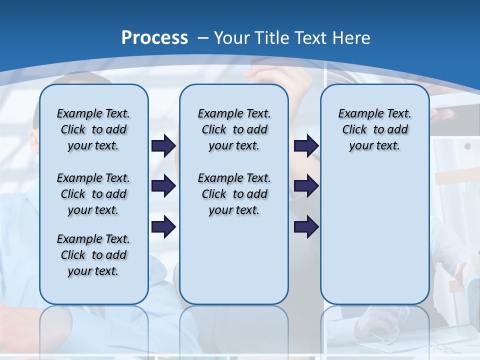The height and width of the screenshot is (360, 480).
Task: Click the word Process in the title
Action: click(x=154, y=37)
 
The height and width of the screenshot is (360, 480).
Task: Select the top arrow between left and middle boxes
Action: click(x=163, y=145)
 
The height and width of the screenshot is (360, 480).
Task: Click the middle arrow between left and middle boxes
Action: click(x=163, y=186)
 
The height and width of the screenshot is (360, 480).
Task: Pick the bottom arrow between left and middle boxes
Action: click(x=163, y=227)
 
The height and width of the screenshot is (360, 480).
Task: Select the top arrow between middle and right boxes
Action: click(x=306, y=145)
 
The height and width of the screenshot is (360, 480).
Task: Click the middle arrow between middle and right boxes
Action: click(x=306, y=186)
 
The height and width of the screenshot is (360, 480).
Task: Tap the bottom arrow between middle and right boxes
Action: click(x=306, y=227)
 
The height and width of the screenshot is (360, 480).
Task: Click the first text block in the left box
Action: click(x=93, y=129)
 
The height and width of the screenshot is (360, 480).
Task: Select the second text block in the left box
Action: click(x=93, y=194)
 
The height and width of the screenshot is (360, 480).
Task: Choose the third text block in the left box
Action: click(x=93, y=255)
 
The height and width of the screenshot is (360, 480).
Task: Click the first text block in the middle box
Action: click(x=234, y=129)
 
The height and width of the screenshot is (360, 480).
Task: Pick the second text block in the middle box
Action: click(x=234, y=194)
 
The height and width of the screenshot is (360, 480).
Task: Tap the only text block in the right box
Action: click(x=374, y=129)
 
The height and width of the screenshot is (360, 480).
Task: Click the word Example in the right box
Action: click(x=357, y=114)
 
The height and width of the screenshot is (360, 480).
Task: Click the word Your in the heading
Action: click(x=232, y=38)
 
